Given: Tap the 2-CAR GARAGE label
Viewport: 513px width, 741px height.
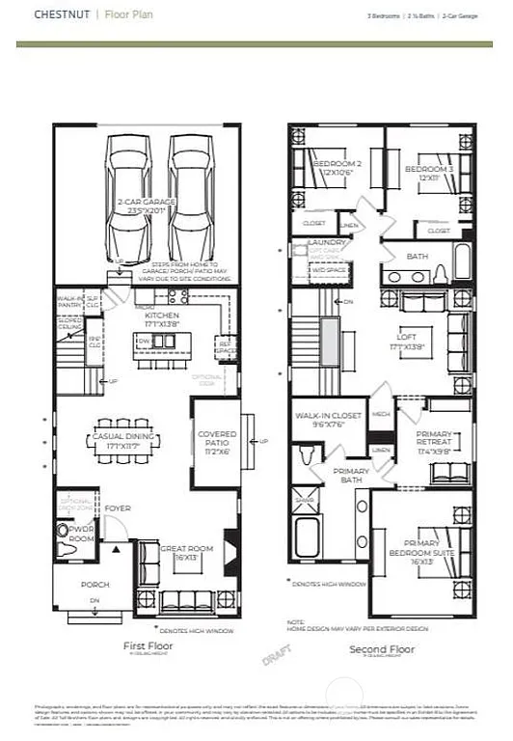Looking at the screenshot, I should pyautogui.click(x=142, y=205).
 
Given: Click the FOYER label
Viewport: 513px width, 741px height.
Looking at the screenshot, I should pyautogui.click(x=118, y=508).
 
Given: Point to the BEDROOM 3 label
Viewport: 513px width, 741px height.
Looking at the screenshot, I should pyautogui.click(x=429, y=169).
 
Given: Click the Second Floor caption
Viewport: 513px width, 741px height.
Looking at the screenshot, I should pyautogui.click(x=382, y=649).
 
